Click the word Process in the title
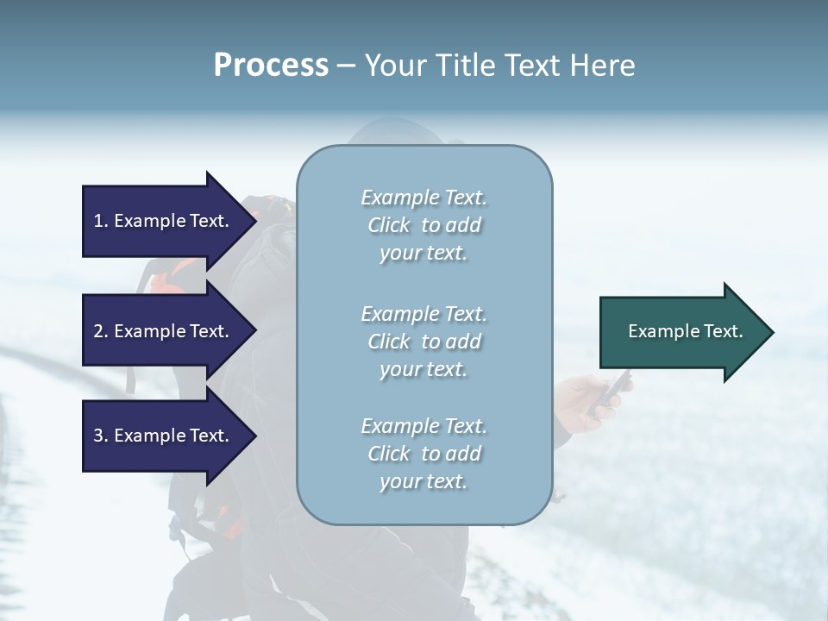pyautogui.click(x=271, y=65)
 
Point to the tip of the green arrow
pyautogui.click(x=772, y=332)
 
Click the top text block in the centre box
pyautogui.click(x=424, y=225)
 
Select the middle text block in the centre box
pyautogui.click(x=424, y=341)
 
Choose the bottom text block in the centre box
pyautogui.click(x=424, y=454)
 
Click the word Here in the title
pyautogui.click(x=604, y=65)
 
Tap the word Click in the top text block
pyautogui.click(x=389, y=225)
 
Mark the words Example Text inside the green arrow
pyautogui.click(x=686, y=331)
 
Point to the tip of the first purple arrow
pyautogui.click(x=255, y=221)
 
